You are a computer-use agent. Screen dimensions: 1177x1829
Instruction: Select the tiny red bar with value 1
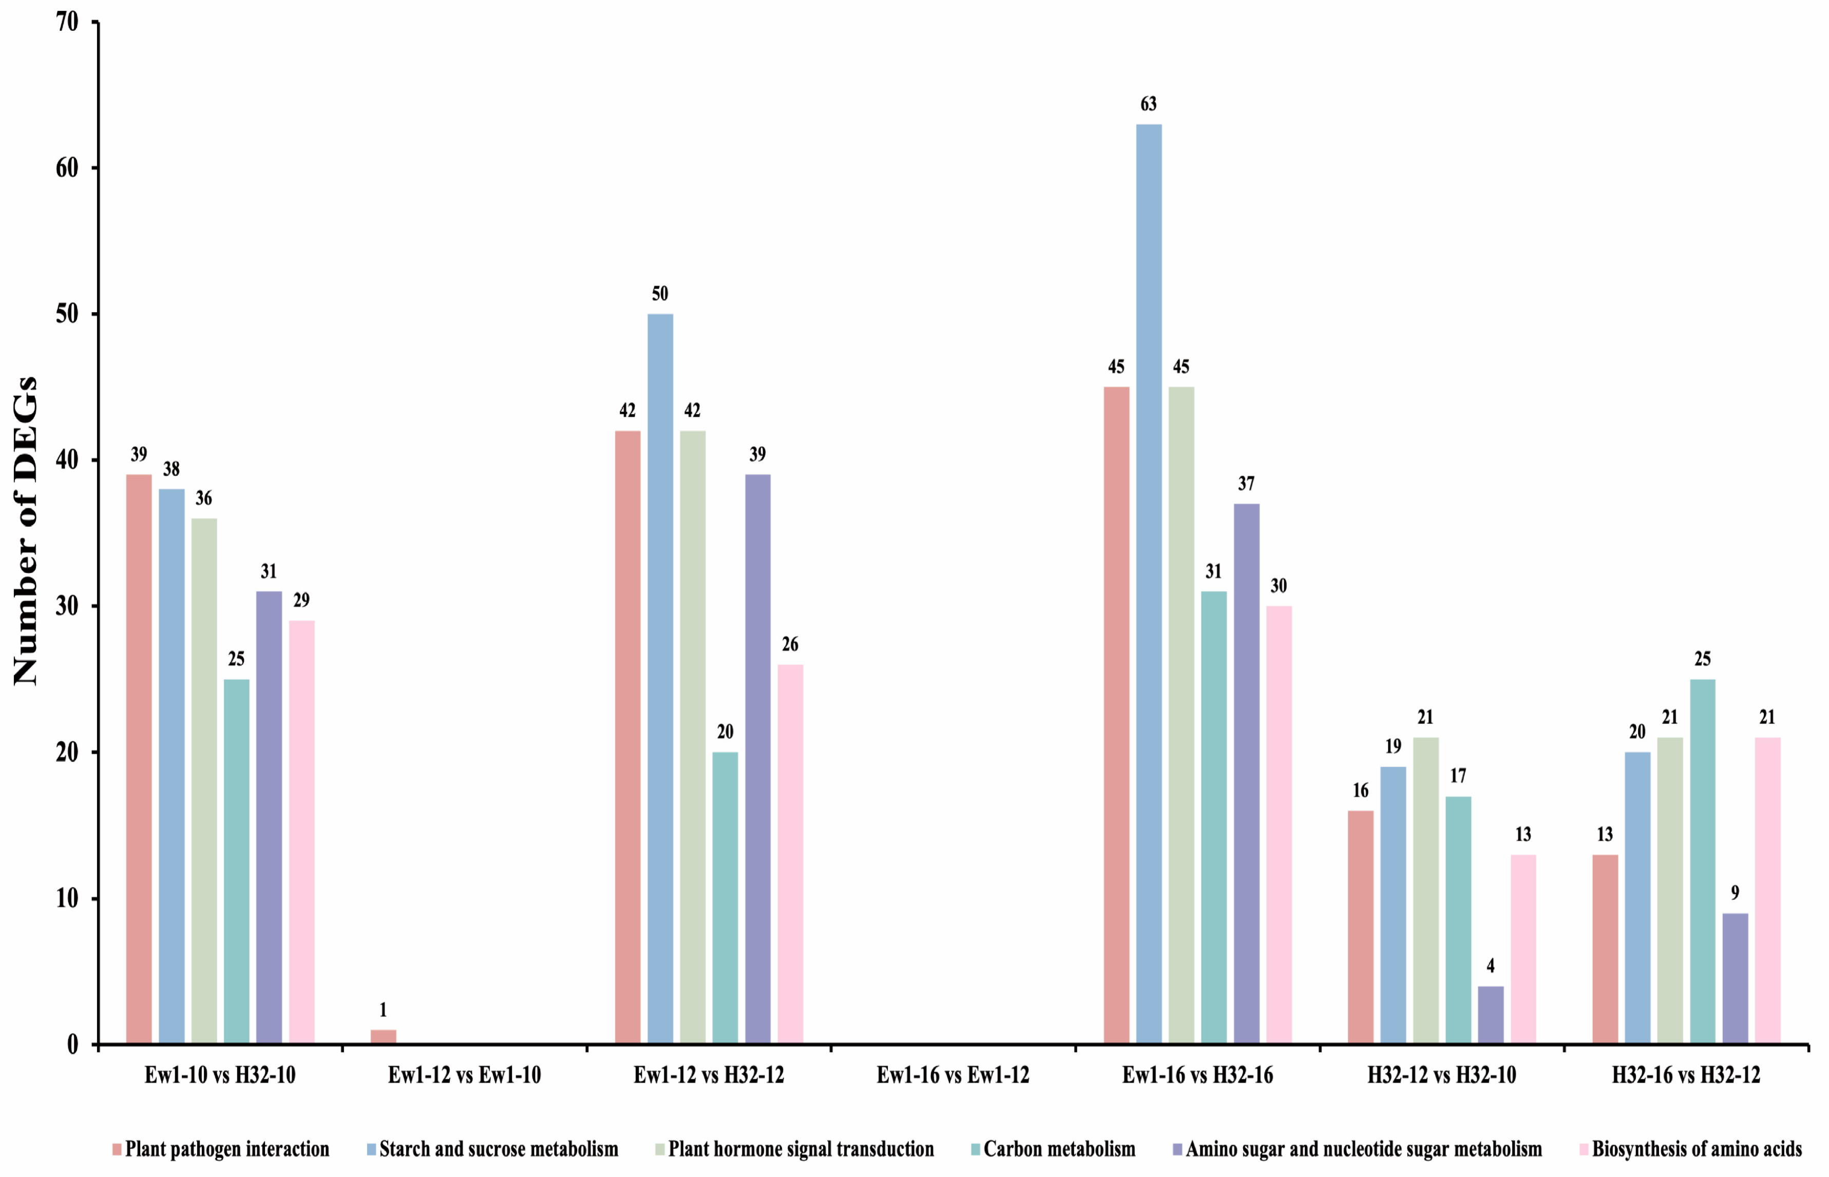[x=384, y=1036]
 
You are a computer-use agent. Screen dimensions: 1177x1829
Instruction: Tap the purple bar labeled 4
[x=1491, y=1015]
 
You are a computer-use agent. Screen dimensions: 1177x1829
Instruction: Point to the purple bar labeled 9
[x=1735, y=978]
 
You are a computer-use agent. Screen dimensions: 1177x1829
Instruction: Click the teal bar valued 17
[x=1458, y=920]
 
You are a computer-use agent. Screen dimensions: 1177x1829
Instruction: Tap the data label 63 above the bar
[x=1149, y=104]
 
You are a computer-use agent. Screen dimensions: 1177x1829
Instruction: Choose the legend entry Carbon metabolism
[x=1059, y=1149]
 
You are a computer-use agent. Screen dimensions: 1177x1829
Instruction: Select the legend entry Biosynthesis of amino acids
[x=1697, y=1149]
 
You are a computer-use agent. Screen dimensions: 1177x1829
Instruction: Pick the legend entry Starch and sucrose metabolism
[x=499, y=1149]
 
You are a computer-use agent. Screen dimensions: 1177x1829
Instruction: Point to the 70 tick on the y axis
[x=67, y=22]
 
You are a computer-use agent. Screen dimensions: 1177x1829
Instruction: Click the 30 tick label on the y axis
[x=67, y=607]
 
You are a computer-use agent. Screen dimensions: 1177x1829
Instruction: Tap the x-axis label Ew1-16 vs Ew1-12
[x=953, y=1076]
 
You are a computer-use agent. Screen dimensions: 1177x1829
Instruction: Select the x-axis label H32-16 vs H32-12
[x=1686, y=1076]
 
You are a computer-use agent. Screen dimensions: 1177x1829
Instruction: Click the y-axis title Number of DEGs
[x=25, y=531]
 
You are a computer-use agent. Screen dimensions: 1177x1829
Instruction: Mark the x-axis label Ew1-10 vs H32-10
[x=220, y=1076]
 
